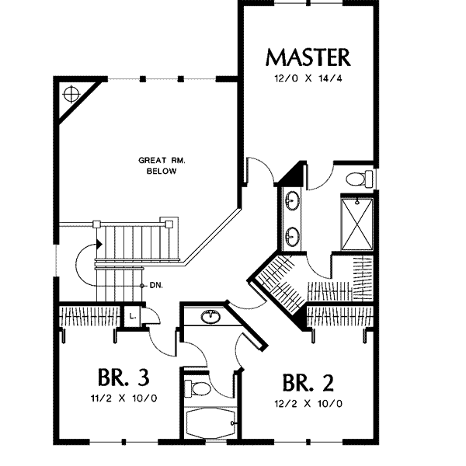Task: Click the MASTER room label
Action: (308, 57)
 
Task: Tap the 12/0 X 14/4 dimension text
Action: (308, 78)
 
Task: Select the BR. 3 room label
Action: (123, 377)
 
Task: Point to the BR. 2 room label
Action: (308, 383)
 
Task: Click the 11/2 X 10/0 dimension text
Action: (123, 398)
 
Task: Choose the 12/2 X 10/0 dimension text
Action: (308, 404)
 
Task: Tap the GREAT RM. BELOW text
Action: (162, 166)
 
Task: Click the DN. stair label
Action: (156, 286)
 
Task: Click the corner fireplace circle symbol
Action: (71, 94)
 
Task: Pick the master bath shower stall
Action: (356, 224)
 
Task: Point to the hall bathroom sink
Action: (210, 317)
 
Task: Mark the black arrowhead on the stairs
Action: (99, 245)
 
